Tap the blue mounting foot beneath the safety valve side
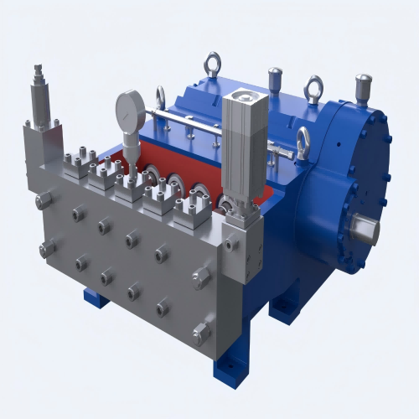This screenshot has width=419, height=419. click(94, 298)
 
